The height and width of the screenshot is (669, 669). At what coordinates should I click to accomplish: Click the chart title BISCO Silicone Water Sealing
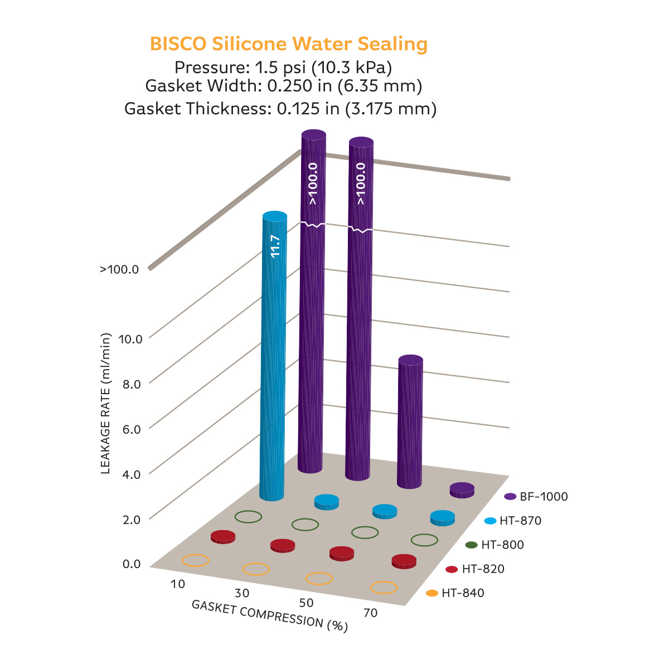point(289,44)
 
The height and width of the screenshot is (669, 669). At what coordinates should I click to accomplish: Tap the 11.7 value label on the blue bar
point(275,246)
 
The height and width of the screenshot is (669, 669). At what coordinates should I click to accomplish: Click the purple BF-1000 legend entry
point(536,496)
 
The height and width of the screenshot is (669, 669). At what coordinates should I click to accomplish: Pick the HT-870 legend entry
point(513,521)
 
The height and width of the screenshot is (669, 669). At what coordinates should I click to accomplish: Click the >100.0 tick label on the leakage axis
point(119,270)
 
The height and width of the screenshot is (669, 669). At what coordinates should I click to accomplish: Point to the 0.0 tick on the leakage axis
point(132,564)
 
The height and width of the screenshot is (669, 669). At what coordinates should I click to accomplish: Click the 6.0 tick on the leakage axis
point(132,429)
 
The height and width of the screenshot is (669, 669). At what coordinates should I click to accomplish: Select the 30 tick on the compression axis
point(242,593)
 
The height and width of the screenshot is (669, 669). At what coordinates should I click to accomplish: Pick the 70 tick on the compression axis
point(370,613)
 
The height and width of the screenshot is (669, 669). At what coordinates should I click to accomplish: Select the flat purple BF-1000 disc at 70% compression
point(462,489)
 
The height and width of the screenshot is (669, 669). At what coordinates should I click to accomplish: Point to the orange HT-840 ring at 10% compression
point(196,560)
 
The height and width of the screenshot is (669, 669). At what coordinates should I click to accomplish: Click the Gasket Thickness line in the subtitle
point(280,108)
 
